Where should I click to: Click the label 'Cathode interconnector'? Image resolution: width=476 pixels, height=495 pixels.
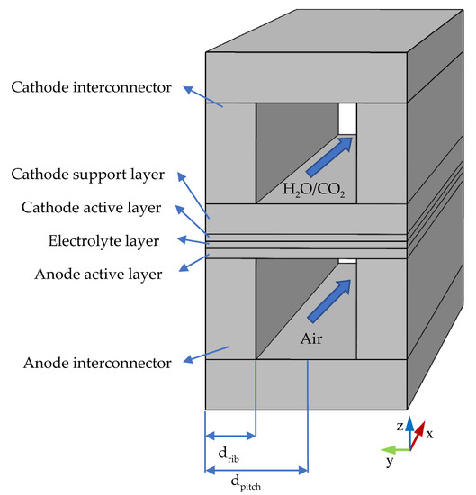click(x=90, y=87)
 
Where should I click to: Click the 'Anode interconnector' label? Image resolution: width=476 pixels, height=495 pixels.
click(x=94, y=363)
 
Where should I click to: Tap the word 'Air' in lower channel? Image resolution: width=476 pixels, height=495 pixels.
click(x=318, y=340)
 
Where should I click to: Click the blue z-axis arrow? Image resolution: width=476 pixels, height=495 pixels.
click(x=409, y=431)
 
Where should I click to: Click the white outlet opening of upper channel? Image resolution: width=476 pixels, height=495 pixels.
click(x=347, y=118)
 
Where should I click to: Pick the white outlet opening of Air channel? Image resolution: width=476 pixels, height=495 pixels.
click(x=347, y=263)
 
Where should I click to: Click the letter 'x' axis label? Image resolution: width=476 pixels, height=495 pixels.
click(x=429, y=433)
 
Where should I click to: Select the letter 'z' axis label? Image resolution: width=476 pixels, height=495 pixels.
click(x=400, y=423)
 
